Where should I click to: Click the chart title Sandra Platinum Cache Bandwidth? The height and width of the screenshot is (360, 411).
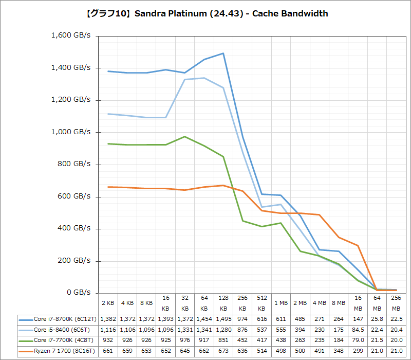point(206,13)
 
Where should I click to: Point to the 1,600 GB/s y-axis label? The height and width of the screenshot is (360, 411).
point(71,35)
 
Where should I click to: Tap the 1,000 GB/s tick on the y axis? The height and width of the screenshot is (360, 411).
point(71,132)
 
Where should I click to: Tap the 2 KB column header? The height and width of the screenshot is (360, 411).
point(108,303)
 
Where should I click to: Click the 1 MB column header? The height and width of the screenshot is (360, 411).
point(281,303)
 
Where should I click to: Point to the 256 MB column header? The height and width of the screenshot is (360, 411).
point(396,303)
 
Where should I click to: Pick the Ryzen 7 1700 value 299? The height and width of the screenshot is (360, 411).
point(357,351)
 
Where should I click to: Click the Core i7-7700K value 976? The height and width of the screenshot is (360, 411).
point(185,340)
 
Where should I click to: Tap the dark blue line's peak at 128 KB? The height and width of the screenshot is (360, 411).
point(223,53)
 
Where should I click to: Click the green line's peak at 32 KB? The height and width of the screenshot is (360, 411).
point(185,136)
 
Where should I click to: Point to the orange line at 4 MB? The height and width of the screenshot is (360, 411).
point(319,214)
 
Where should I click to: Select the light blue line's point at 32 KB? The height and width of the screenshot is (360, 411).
point(185,79)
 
